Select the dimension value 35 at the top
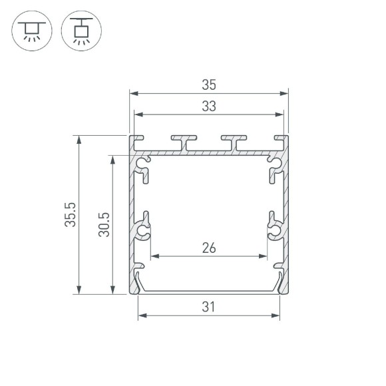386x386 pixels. pos(208,85)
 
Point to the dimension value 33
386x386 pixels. pos(208,106)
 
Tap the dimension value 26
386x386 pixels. pos(208,248)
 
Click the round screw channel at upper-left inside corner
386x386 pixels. pos(143,161)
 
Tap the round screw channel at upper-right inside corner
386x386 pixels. pos(274,161)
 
